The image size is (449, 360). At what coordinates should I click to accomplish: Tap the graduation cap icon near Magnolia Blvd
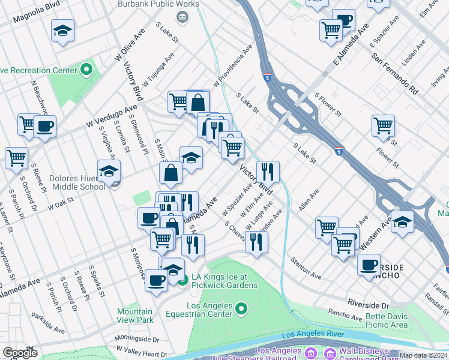62,30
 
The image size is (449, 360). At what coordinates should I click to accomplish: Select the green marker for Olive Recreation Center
86,70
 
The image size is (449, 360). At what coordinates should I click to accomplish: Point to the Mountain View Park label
135,316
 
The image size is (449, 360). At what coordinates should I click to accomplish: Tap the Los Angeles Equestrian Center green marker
241,310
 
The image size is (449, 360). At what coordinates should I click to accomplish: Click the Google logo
20,353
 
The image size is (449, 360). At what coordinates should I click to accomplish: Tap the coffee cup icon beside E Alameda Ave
343,20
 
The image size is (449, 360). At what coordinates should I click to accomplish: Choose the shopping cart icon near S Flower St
383,125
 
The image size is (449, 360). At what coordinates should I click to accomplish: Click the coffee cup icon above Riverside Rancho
369,264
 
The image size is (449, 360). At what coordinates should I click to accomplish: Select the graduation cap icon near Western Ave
402,220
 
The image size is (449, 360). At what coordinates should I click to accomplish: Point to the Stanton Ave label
306,268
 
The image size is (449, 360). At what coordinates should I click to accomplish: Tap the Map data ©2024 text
423,355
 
